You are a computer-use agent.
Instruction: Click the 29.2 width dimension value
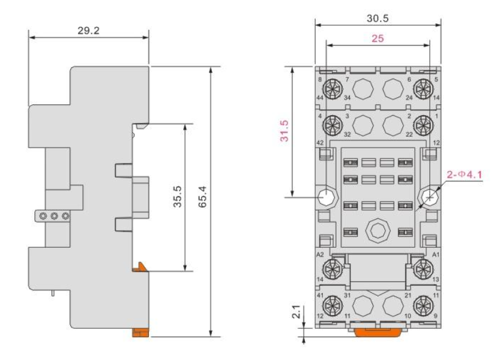[x=88, y=31]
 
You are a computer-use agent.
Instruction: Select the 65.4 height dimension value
[x=202, y=197]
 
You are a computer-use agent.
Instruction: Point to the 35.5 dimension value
[x=178, y=196]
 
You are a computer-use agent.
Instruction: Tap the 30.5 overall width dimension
[x=378, y=19]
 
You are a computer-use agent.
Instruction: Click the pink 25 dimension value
[x=378, y=38]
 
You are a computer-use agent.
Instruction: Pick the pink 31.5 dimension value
[x=285, y=131]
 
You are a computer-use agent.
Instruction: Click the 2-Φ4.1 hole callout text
[x=464, y=175]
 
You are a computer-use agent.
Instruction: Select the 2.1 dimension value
[x=296, y=312]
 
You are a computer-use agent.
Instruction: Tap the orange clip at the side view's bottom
[x=140, y=332]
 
